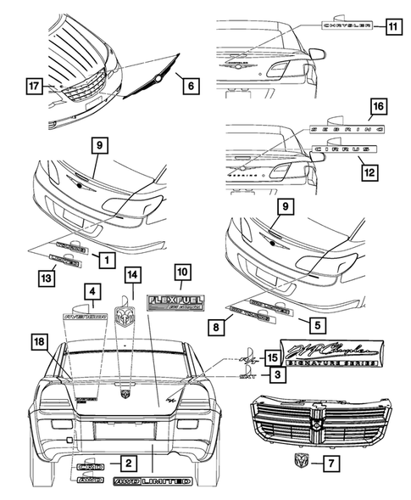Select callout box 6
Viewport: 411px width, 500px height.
pyautogui.click(x=188, y=84)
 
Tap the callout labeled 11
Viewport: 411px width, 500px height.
pyautogui.click(x=392, y=26)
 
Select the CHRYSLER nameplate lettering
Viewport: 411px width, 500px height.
pyautogui.click(x=347, y=26)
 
